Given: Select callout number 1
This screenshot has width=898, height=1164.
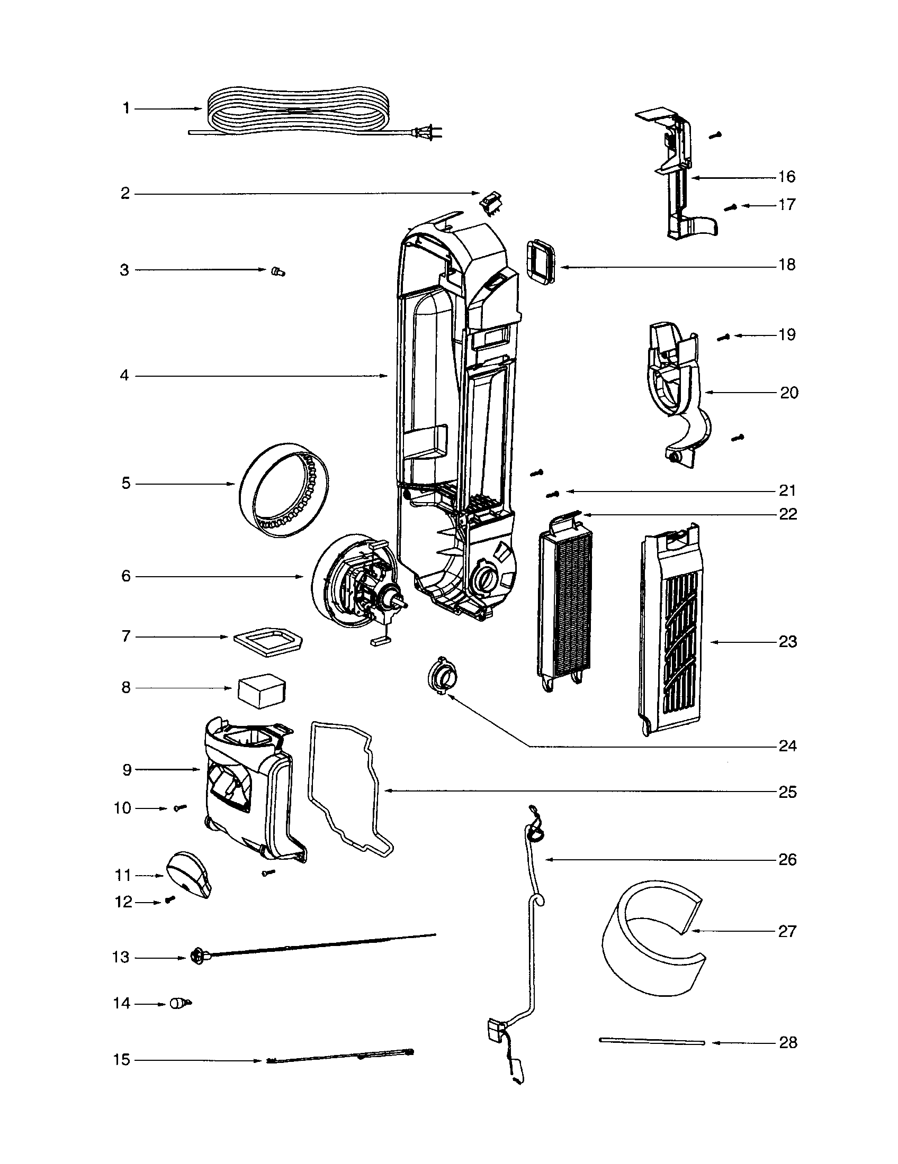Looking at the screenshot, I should coord(127,108).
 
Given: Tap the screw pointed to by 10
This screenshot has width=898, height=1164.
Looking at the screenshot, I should coord(180,808).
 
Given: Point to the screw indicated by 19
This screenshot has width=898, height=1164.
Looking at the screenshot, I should coord(723,337).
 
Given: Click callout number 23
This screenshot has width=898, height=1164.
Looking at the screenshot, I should coord(788,642).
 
